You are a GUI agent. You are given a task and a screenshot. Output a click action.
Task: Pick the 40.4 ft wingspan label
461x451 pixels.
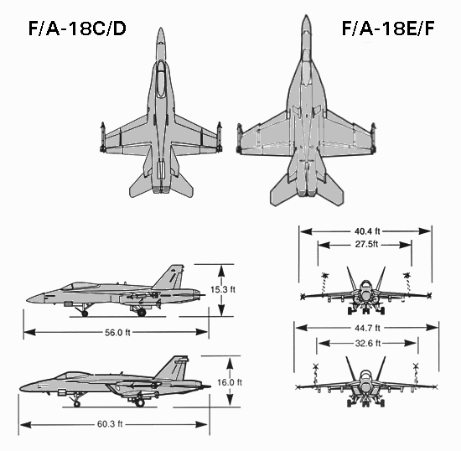coord(365,231)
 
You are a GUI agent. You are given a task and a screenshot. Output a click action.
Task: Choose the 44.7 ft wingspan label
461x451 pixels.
coord(365,328)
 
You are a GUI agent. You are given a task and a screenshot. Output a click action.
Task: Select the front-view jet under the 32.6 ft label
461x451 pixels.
coord(365,381)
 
